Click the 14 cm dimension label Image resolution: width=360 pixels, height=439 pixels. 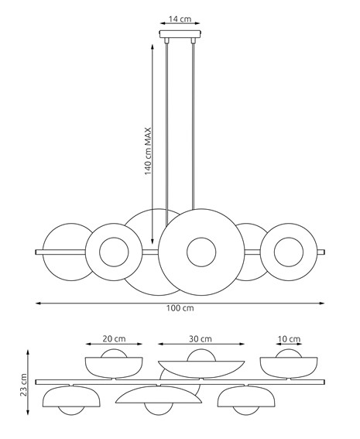(x=180, y=17)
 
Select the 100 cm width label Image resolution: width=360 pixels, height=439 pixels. (x=180, y=308)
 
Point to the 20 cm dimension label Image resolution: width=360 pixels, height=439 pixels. (x=114, y=338)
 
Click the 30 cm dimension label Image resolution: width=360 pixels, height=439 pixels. (x=201, y=338)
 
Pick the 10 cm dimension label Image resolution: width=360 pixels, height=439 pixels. (x=290, y=338)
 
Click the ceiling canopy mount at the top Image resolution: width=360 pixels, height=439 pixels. (x=180, y=34)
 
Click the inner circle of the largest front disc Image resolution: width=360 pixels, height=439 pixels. (x=201, y=252)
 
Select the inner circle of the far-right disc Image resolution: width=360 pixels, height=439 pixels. (x=290, y=252)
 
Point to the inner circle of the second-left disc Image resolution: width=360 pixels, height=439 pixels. (x=114, y=252)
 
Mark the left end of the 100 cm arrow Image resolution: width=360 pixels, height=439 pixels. (x=36, y=301)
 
